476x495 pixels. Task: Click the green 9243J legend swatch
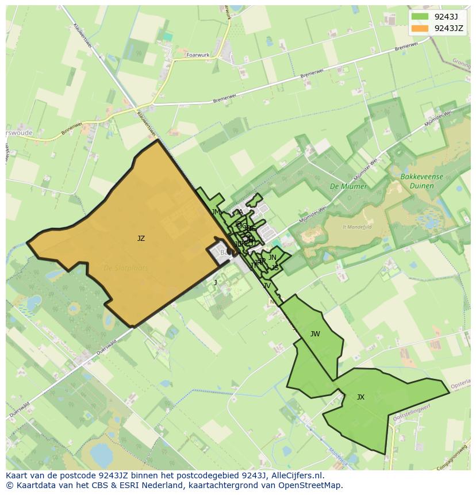tap(420, 17)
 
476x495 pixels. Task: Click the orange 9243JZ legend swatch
tap(420, 28)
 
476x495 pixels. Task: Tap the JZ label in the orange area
tap(141, 239)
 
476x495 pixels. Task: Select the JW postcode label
tap(315, 334)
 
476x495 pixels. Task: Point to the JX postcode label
tap(360, 397)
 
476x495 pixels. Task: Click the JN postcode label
tap(272, 258)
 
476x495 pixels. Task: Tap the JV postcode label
tap(267, 286)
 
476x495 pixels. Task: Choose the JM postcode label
tap(216, 212)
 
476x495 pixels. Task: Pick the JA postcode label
tap(239, 212)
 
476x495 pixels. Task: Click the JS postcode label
tap(275, 268)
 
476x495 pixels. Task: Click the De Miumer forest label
tap(343, 186)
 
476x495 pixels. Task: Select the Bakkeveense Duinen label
tap(423, 181)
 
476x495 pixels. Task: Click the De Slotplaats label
tap(125, 268)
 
